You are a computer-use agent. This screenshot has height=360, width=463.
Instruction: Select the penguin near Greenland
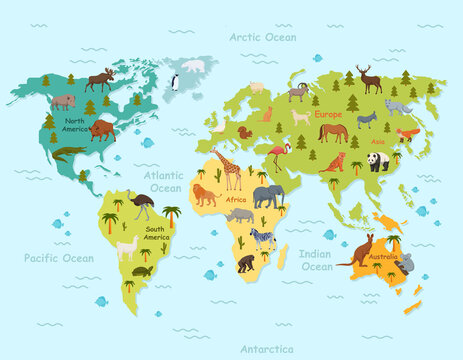point(174,83)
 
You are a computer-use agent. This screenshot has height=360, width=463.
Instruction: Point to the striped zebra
point(261,237)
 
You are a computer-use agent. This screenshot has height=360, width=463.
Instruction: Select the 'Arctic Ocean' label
point(262,37)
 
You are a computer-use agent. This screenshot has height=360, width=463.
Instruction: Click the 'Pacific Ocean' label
point(59,258)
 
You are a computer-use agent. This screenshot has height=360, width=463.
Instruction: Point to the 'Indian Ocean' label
point(317,261)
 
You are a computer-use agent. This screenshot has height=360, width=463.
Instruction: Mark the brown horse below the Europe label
point(333,131)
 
